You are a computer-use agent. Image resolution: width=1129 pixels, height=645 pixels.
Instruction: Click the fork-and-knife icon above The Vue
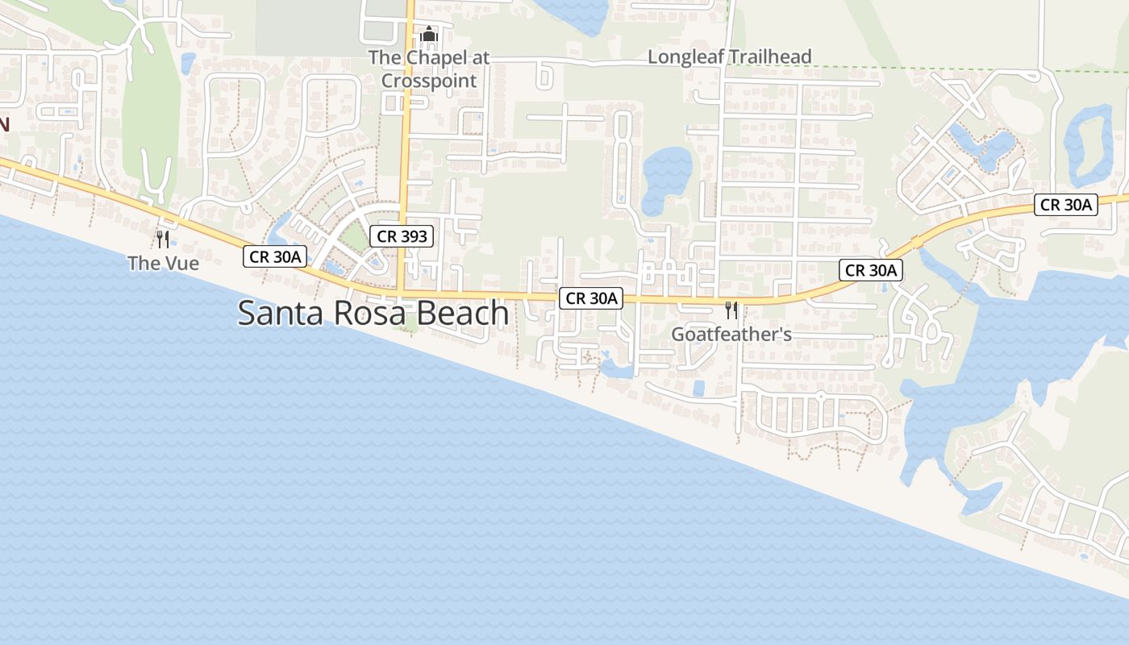point(163,239)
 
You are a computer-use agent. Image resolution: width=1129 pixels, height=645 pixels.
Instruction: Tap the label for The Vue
point(163,263)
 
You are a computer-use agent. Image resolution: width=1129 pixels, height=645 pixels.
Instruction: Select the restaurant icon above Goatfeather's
point(731,310)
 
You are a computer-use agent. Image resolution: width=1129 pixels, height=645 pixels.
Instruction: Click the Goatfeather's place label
point(731,334)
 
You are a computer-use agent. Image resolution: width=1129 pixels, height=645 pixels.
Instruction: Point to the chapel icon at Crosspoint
point(428,35)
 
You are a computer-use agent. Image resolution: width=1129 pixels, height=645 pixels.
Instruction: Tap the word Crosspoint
point(429,81)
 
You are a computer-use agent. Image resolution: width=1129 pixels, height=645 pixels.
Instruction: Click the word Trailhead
point(772,56)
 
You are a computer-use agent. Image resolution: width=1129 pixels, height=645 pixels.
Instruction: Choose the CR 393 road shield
point(402,236)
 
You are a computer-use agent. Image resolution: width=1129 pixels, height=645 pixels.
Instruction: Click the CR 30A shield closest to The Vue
point(275,256)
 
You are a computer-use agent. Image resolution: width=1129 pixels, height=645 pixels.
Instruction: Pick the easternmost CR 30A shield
point(1065,205)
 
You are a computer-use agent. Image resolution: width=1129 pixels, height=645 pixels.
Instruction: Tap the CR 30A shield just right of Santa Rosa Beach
point(591,298)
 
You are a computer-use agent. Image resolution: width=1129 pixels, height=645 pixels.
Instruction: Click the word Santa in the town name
point(278,313)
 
